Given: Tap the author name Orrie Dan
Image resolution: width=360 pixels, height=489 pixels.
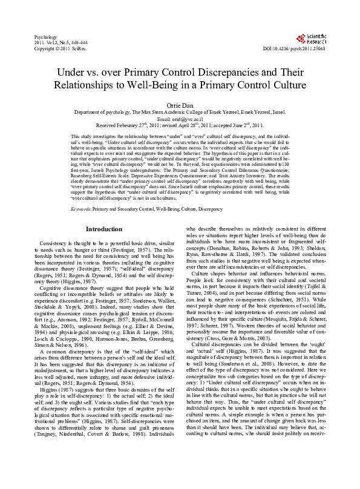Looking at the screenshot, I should click(x=180, y=105).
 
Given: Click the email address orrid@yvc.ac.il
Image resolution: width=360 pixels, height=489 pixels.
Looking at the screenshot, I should click(x=180, y=119).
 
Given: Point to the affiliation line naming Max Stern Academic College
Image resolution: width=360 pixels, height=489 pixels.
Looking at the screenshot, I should click(x=180, y=113).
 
